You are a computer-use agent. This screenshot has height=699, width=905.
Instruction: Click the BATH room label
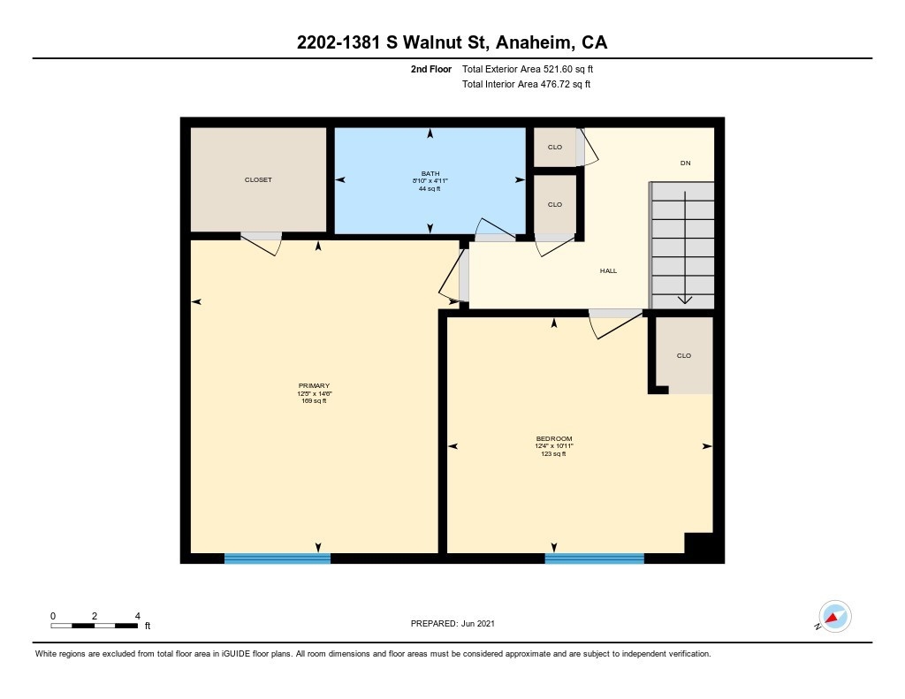pos(430,173)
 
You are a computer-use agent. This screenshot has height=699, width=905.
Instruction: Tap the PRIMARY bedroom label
pos(314,385)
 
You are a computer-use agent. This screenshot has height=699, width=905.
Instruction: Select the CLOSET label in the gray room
pos(258,179)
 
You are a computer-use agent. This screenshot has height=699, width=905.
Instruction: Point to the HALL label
pos(608,270)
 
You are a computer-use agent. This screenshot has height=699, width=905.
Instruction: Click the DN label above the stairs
pos(686,163)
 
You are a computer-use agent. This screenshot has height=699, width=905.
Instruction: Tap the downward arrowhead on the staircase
pos(685,300)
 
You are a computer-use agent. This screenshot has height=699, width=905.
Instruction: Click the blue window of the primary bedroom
pos(277,558)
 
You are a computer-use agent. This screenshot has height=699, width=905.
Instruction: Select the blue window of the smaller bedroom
pos(595,558)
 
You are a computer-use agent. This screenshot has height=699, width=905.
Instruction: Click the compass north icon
pos(834,617)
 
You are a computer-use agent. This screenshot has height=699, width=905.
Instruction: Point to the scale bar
pos(94,626)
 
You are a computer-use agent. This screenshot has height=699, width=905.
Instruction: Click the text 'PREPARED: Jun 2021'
pos(452,623)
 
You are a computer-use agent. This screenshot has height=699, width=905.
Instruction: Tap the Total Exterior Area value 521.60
pos(558,69)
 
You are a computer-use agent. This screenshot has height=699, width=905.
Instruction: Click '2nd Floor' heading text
pos(431,69)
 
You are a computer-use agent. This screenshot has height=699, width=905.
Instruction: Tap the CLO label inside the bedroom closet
pos(684,355)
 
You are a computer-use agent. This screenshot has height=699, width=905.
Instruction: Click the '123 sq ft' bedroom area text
pos(553,453)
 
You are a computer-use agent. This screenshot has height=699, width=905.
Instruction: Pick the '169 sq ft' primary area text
pos(314,400)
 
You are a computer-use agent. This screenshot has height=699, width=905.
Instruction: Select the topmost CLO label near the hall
pos(555,148)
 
